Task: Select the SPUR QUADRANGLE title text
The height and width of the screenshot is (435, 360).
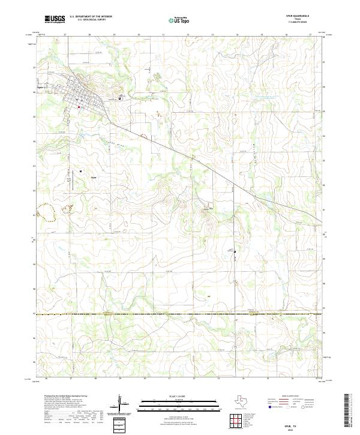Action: point(301,16)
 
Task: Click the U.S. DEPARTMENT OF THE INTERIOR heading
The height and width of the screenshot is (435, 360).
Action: point(91,16)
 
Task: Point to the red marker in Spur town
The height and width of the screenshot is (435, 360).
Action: point(79,107)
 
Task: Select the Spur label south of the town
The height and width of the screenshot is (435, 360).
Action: point(93,178)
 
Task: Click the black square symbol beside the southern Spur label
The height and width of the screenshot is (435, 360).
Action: point(81,171)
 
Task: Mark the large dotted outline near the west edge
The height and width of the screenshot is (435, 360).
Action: point(44,210)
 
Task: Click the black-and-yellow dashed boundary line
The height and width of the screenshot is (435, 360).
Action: point(180,314)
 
